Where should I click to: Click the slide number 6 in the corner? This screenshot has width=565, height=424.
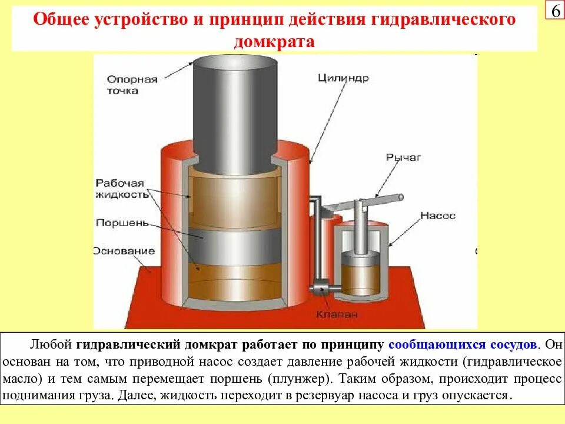[x=555, y=12]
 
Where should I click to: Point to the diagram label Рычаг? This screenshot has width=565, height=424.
[x=404, y=157]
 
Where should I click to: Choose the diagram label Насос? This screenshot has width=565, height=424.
[x=438, y=216]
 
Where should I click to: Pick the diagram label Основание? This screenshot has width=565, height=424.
[x=124, y=251]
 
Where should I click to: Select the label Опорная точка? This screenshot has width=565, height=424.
[x=132, y=85]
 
